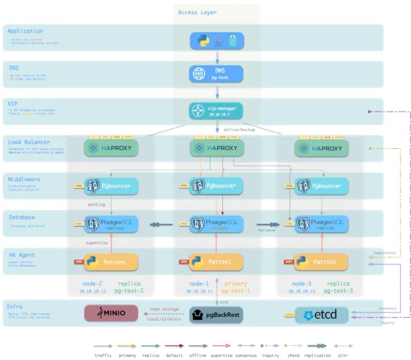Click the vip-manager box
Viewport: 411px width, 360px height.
[216, 111]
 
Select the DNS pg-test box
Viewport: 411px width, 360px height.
[216, 74]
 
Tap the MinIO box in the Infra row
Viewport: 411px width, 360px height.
[111, 313]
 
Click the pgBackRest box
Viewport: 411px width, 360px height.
[216, 314]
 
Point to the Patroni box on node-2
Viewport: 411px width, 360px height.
[111, 262]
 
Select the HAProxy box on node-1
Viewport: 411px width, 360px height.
[216, 148]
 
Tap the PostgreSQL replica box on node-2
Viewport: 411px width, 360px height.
[111, 224]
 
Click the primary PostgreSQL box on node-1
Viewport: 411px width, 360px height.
[216, 224]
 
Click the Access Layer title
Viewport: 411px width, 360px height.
[197, 12]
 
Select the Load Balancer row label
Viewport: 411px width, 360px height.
[29, 142]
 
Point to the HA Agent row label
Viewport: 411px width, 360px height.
[22, 255]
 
